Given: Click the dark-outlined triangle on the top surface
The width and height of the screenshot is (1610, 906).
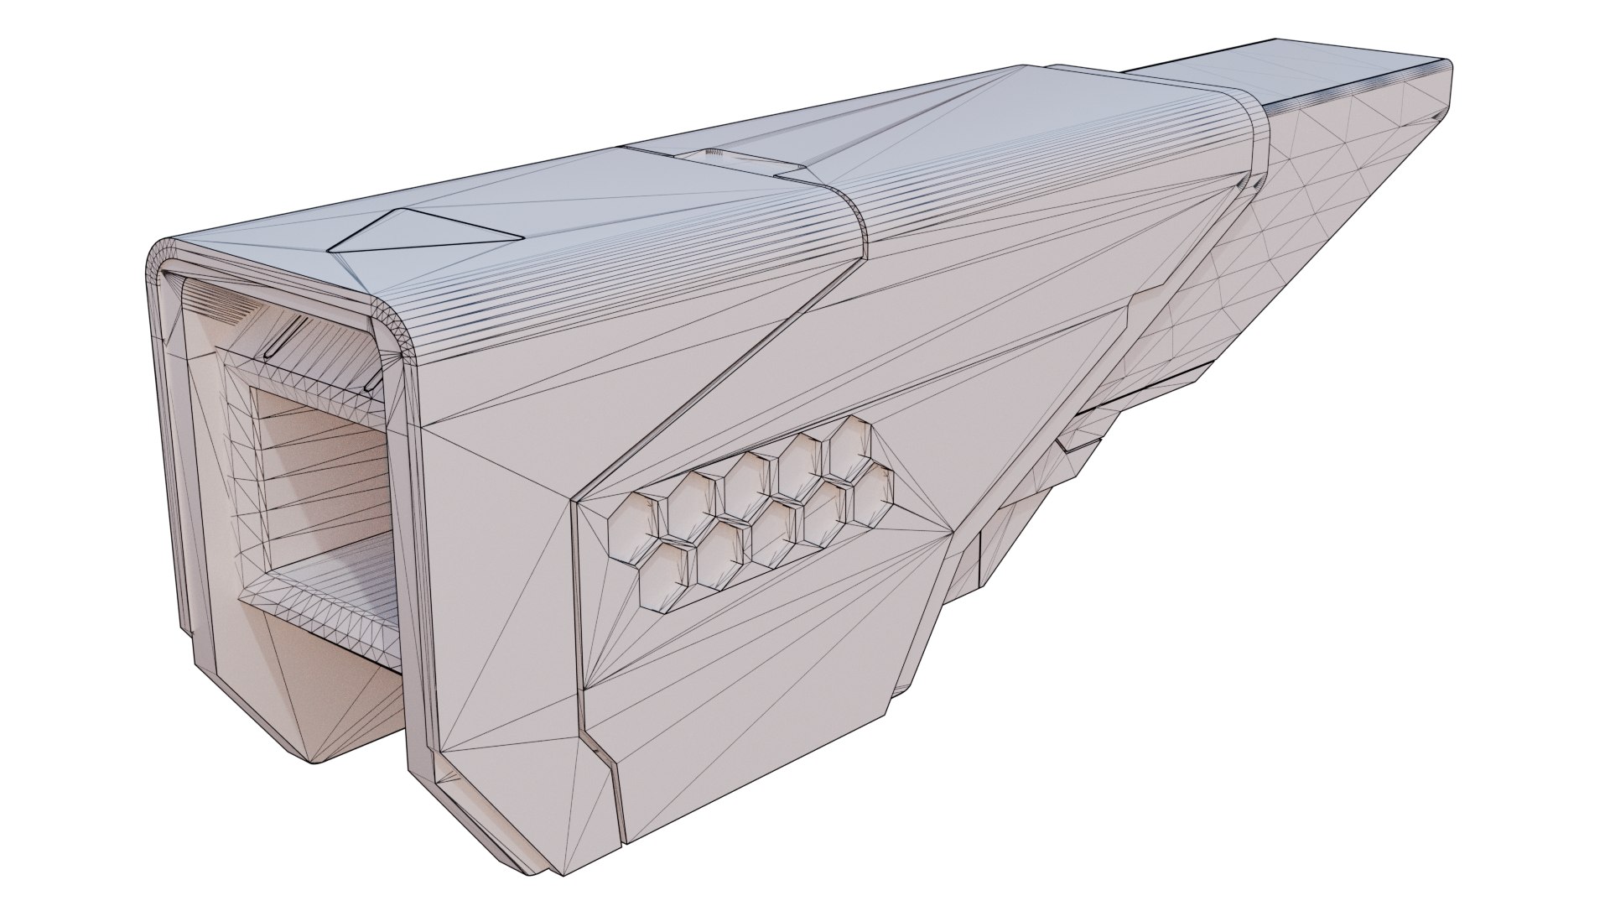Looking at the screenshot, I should click(x=419, y=232).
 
